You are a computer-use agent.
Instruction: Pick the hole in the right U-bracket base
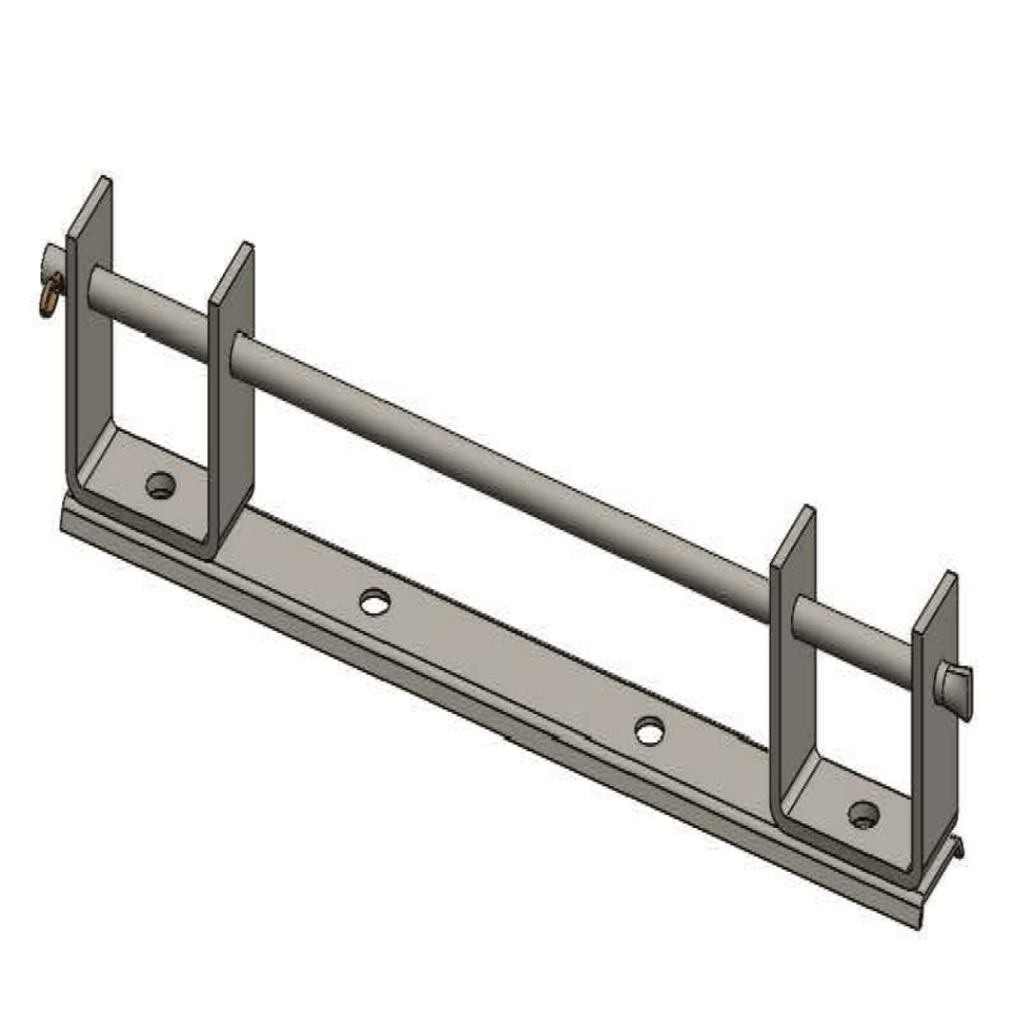863,815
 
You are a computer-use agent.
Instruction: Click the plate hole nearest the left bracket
374,602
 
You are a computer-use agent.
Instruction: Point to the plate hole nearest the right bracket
649,731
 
